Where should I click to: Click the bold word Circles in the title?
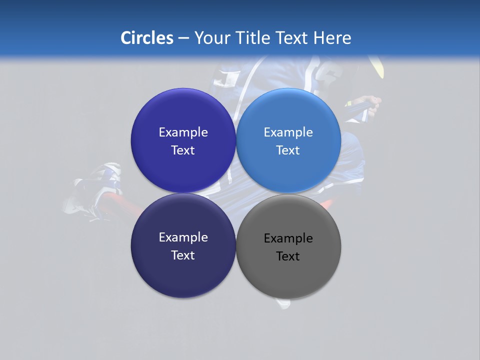tap(146, 38)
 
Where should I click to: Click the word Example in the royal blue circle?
tap(183, 132)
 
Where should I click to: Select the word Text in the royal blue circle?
tap(183, 150)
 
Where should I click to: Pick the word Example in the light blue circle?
tap(288, 132)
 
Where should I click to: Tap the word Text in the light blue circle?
tap(288, 150)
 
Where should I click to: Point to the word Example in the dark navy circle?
tap(183, 237)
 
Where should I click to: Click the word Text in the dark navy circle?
tap(183, 255)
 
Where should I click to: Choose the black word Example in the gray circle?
tap(288, 238)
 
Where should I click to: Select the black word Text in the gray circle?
tap(288, 256)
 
